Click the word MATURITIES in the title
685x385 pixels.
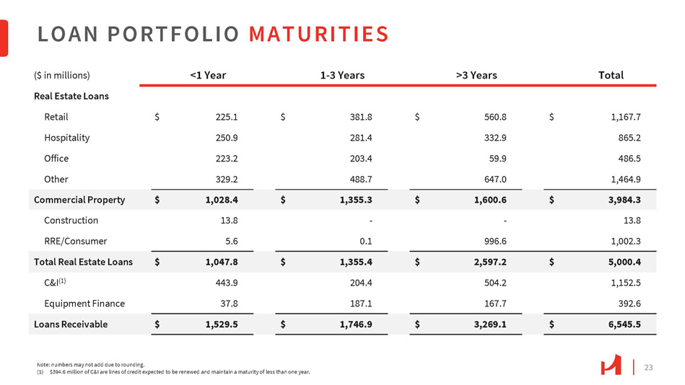[318, 34]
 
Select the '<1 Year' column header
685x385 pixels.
[208, 75]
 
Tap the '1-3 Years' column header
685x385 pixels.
[342, 75]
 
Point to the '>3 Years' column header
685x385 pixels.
[476, 75]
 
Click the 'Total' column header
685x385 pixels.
[611, 75]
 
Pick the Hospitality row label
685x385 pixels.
[67, 138]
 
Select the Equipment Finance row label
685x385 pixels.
[84, 304]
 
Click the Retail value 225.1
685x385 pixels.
[227, 117]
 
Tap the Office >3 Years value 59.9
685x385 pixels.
[497, 159]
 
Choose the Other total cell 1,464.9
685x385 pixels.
[626, 179]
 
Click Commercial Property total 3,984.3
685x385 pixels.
[624, 200]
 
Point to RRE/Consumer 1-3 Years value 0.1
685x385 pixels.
[366, 242]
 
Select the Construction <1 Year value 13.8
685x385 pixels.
[230, 221]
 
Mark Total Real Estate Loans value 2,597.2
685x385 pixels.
[490, 262]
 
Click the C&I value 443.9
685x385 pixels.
[227, 283]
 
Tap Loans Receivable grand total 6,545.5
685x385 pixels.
[624, 324]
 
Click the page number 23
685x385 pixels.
[649, 368]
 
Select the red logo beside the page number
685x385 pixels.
[611, 365]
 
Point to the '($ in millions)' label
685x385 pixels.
[62, 75]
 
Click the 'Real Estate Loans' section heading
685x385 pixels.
[71, 96]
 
